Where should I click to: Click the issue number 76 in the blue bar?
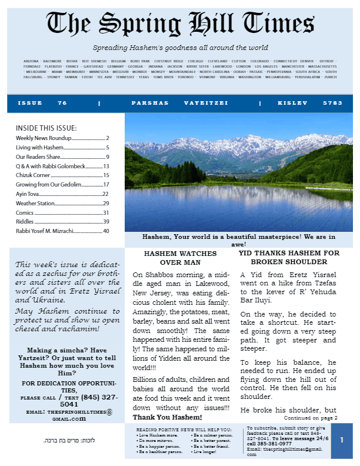62,103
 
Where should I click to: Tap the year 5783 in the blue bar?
332,103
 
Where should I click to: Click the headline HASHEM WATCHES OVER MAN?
181,258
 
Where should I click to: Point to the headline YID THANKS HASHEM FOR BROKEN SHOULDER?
289,257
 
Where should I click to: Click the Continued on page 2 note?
314,417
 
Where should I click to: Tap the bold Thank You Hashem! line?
163,417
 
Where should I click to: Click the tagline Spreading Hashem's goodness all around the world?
180,48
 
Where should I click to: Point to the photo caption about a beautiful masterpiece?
238,240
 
